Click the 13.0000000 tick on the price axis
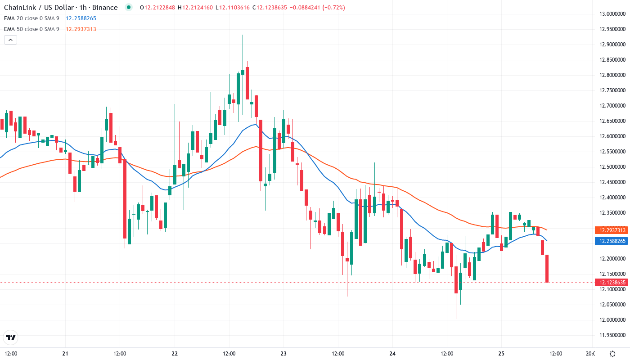(610, 14)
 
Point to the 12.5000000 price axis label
(610, 167)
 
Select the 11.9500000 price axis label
(610, 335)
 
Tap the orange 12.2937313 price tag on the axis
(611, 230)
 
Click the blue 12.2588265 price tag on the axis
(611, 241)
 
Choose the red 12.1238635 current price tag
(611, 283)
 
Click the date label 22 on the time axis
(175, 353)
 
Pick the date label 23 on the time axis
(283, 353)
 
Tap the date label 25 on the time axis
(501, 353)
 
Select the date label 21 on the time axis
(65, 353)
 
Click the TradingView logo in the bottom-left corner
(11, 337)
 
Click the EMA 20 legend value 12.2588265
(81, 18)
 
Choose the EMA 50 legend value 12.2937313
(81, 29)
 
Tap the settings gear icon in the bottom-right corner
(612, 354)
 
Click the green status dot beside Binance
(129, 7)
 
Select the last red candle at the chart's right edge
(547, 269)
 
